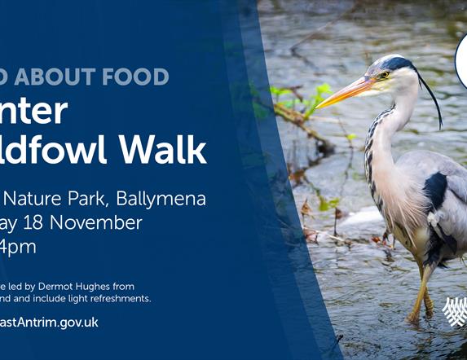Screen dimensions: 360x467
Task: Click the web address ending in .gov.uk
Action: coord(49,323)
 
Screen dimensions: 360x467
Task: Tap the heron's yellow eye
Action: coord(384,75)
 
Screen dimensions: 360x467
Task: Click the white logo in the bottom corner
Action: coord(453,311)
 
